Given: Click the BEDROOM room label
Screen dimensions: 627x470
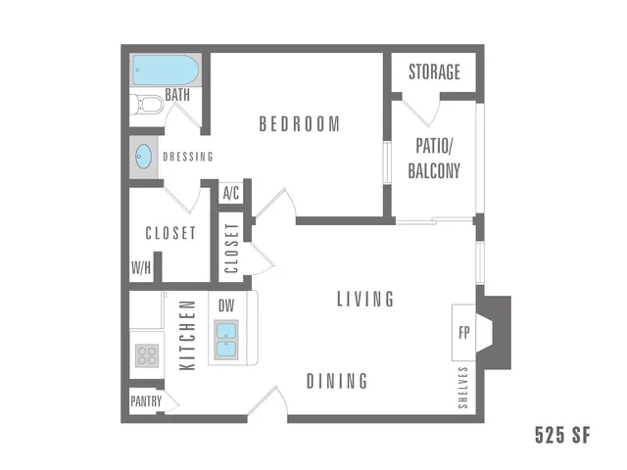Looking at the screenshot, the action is (x=300, y=124).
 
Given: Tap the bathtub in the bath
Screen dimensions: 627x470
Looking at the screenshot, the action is (x=166, y=70).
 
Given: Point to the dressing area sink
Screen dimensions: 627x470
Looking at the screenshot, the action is (x=144, y=157).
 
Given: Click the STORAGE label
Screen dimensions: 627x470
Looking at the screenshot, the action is (x=434, y=71).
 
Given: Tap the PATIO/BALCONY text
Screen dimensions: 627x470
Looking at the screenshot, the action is (x=434, y=159).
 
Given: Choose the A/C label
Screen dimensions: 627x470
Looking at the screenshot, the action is (x=231, y=193).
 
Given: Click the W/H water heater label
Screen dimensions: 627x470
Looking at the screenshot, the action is (x=141, y=267).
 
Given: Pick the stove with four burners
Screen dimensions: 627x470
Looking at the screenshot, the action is (x=147, y=355).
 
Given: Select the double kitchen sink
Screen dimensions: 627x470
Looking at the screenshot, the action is (x=226, y=340).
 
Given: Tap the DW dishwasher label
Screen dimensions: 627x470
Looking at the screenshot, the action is (x=226, y=306).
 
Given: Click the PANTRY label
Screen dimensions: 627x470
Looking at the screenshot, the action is (x=146, y=401).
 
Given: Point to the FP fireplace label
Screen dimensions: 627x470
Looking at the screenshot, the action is (x=463, y=333).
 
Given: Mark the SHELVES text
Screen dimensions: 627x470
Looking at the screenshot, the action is (x=463, y=388).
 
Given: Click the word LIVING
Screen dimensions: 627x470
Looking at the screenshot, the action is (x=365, y=299).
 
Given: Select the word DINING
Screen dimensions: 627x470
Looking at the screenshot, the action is (x=337, y=381).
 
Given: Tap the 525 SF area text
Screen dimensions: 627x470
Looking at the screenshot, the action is (x=562, y=435).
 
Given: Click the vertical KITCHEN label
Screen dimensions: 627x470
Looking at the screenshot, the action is (x=187, y=335).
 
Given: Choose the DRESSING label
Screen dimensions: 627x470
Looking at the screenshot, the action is (x=188, y=157).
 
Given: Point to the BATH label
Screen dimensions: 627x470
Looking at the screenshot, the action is (x=177, y=95).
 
